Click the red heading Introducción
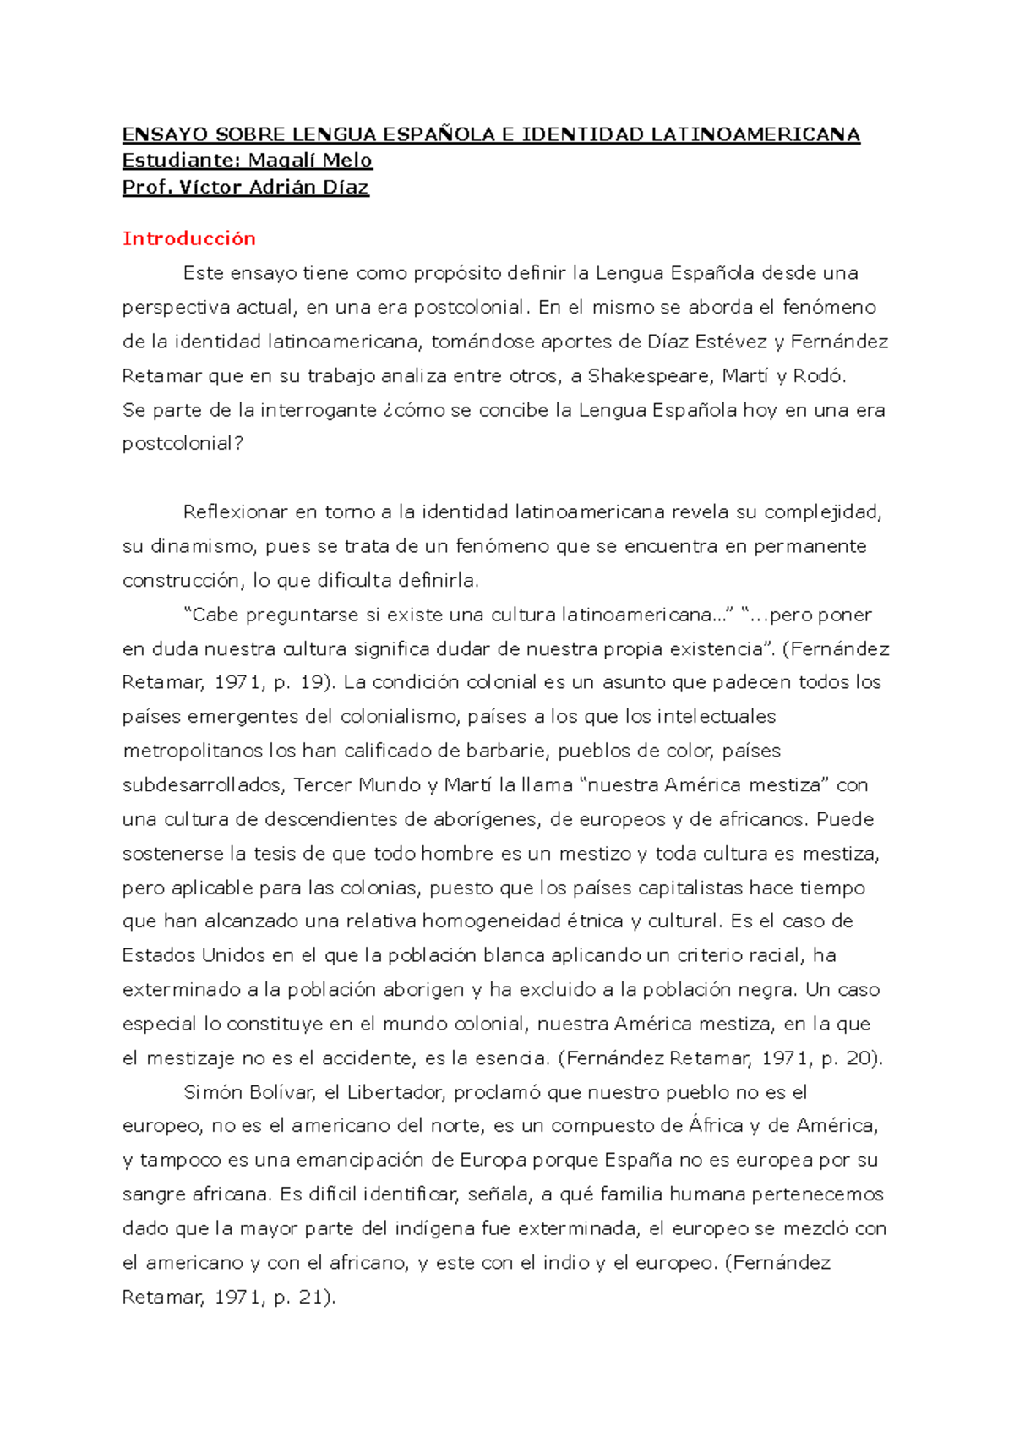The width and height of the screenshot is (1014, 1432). [x=188, y=238]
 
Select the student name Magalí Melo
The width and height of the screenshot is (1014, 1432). [x=309, y=161]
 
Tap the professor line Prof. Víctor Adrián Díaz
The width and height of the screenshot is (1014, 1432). [x=245, y=187]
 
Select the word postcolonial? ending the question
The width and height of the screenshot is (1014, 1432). [x=183, y=444]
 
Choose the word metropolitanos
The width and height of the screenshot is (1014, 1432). [x=193, y=751]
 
